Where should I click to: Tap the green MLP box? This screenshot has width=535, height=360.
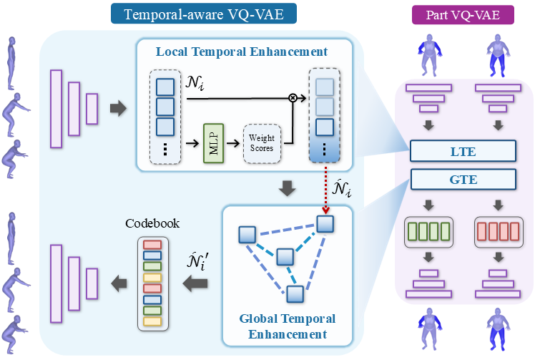214,143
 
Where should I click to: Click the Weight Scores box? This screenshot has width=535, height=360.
262,143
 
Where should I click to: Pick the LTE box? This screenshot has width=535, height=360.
463,151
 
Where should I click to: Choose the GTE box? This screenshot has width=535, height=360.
463,180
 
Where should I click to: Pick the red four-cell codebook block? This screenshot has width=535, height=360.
499,232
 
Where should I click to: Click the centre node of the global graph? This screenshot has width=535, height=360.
285,257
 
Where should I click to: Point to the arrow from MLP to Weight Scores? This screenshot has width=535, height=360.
233,143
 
